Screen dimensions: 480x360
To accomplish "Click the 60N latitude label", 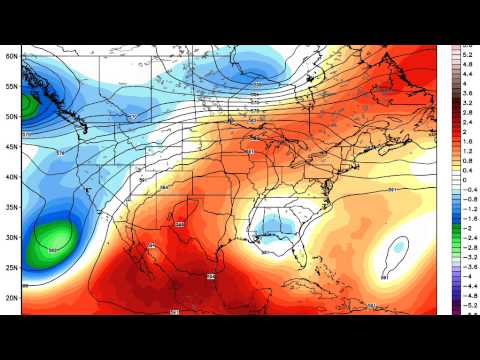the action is pos(11,56).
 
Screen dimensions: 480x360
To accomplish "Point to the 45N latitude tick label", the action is pos(11,147).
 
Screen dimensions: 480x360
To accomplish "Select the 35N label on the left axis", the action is pos(11,207).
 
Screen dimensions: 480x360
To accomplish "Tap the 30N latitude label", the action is pos(11,238).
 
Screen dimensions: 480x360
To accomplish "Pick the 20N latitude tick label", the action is pos(11,298).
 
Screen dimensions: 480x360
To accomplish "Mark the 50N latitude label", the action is pos(11,116).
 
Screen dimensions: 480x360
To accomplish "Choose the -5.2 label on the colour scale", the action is pos(466,306).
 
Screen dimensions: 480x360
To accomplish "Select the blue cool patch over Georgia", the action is pos(275,224).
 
